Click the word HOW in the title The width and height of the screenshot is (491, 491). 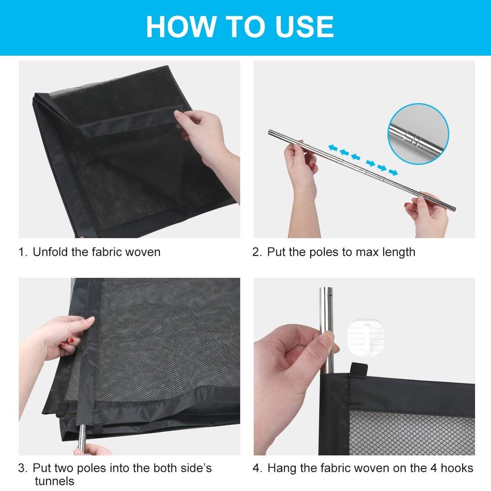[x=180, y=27]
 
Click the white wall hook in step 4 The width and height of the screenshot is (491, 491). [x=366, y=337]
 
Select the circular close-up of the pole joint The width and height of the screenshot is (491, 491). [x=418, y=134]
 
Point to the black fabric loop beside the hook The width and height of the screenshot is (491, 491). [x=359, y=369]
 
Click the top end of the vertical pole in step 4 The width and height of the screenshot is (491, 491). [x=327, y=288]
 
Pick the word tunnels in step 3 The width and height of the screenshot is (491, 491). [x=54, y=481]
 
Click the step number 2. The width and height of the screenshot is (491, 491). [x=256, y=252]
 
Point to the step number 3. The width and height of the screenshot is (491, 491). [x=22, y=468]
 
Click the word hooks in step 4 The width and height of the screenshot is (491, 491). [x=457, y=468]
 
